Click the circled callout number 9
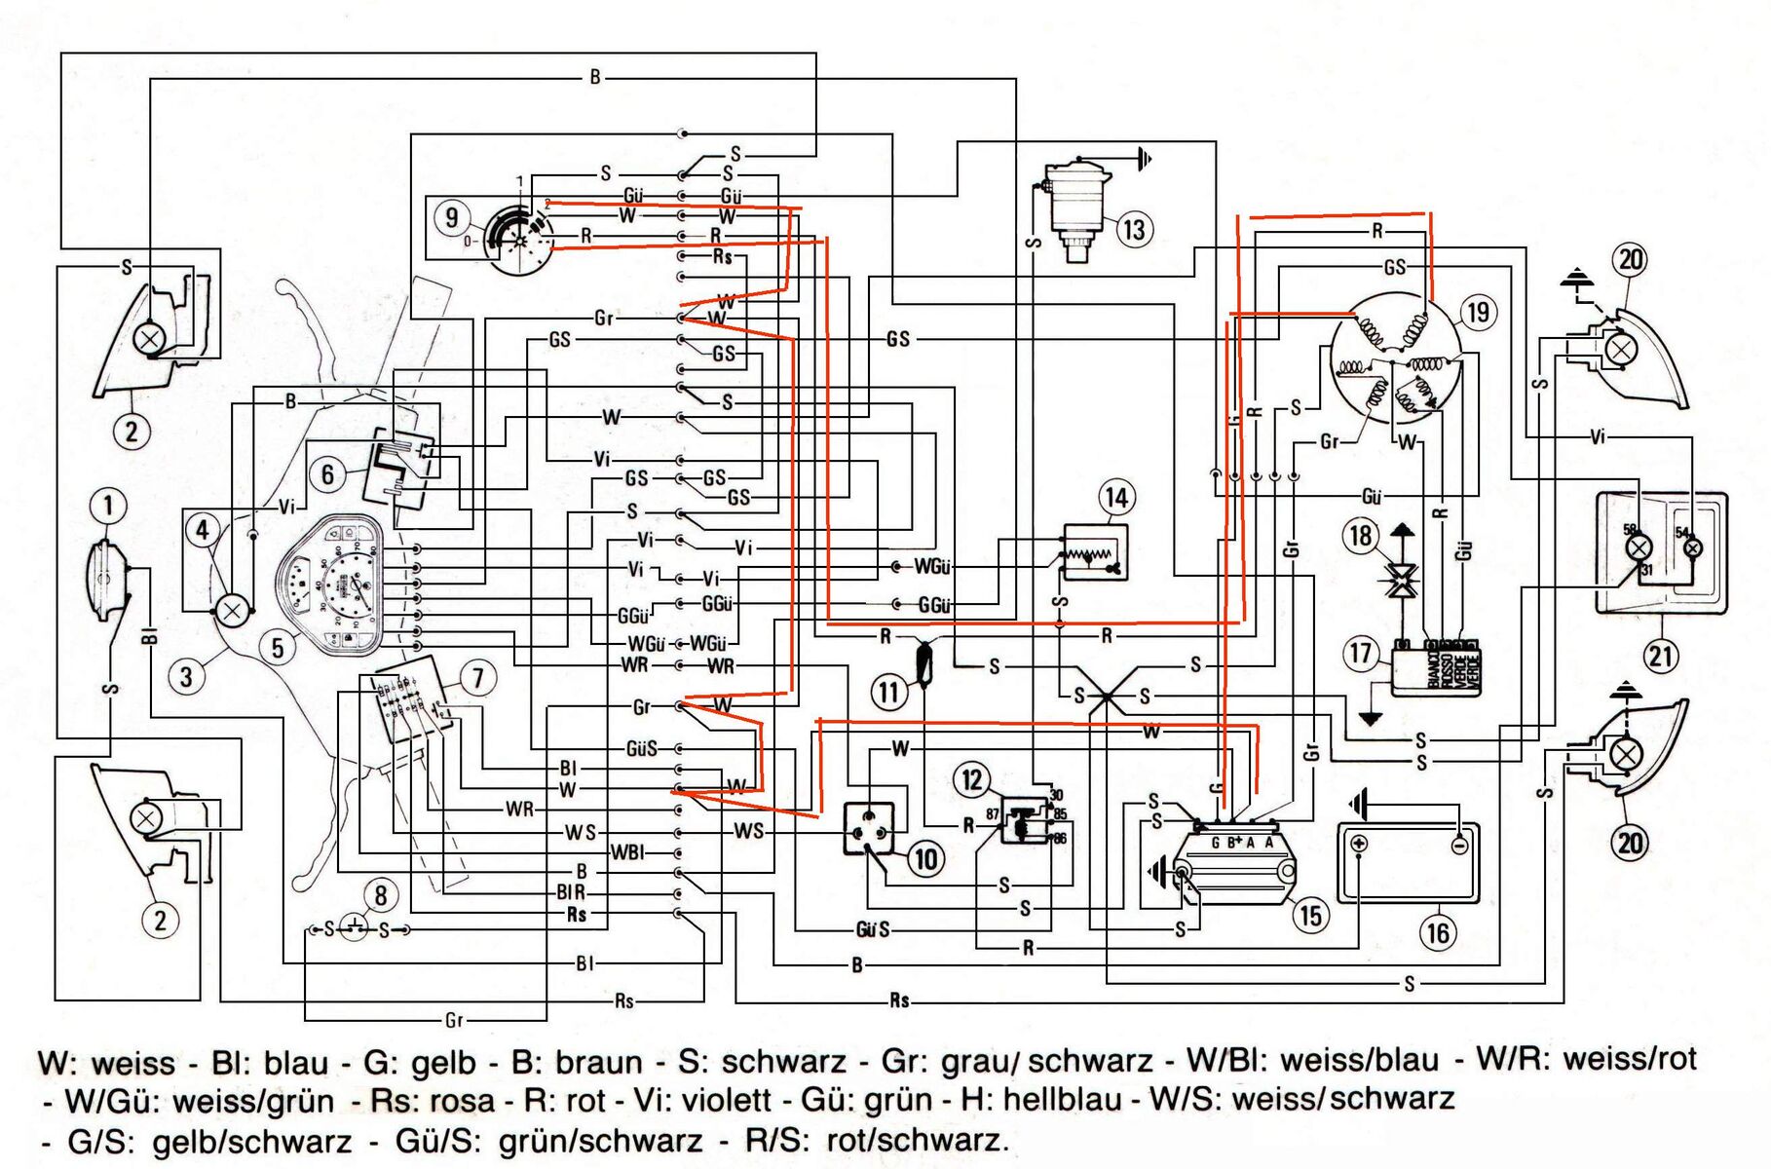pos(451,216)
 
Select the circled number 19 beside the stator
pos(1478,313)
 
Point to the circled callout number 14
pos(1115,498)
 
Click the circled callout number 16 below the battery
pos(1438,933)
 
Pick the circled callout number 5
pos(278,648)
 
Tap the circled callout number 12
pos(972,779)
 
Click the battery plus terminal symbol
pos(1360,844)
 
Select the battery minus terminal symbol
pos(1458,845)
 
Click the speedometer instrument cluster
pos(336,584)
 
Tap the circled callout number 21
pos(1661,655)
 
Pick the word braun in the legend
pos(597,1062)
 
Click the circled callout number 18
pos(1360,536)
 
